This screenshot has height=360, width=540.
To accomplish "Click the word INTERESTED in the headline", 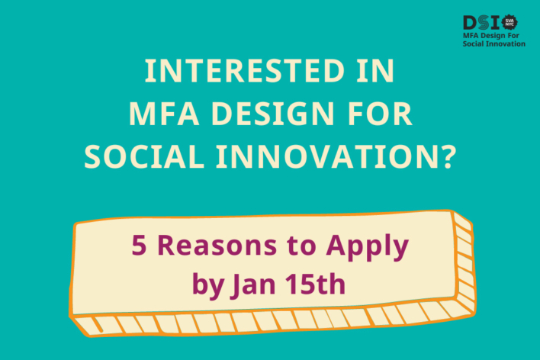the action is (245, 71).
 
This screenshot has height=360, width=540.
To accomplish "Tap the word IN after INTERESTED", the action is (375, 71).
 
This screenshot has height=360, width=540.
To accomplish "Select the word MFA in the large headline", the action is (164, 114).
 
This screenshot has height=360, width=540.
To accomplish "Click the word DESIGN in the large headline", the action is (273, 114).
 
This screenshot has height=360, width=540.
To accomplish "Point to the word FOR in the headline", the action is (380, 114).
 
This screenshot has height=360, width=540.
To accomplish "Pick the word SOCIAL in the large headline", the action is (144, 157).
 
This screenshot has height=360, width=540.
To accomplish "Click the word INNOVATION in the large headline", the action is (328, 157).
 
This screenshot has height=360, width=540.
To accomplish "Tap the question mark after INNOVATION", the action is (448, 157).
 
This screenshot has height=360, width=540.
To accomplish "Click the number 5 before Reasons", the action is (139, 246).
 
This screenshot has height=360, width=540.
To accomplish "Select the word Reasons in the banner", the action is (217, 246).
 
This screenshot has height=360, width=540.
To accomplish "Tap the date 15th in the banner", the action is (316, 284).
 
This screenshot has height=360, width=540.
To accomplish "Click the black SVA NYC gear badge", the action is (509, 23).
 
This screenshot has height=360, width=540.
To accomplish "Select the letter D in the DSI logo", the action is (470, 23).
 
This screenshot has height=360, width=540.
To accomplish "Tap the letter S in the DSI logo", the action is (484, 23).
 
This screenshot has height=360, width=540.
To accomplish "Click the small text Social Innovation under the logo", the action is (493, 43).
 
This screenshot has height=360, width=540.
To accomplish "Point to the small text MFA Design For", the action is (490, 36).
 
